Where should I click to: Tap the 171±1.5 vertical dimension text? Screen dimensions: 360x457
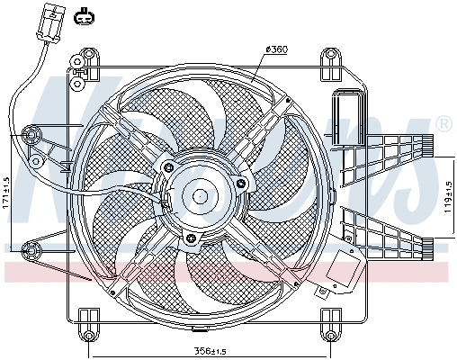tap(7, 191)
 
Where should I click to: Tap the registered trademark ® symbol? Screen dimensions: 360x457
tap(443, 122)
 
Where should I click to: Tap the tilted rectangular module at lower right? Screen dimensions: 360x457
tap(347, 267)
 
